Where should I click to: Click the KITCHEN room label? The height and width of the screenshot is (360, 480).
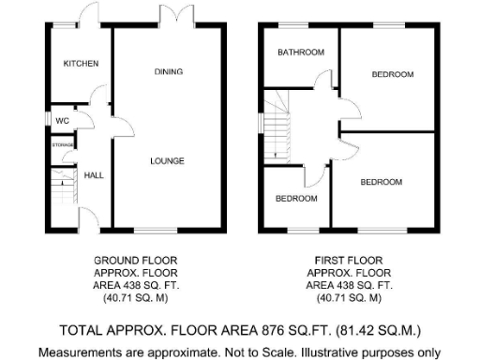pos(81,64)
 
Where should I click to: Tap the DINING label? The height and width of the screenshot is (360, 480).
pos(168,71)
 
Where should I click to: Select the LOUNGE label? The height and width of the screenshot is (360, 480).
pos(168,161)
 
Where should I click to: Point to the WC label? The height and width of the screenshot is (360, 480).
pos(61,120)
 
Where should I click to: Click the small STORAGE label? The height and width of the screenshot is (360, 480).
pos(63,145)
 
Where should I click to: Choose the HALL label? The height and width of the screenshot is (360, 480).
pos(95,175)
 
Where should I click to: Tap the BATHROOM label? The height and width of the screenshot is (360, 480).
pos(300,52)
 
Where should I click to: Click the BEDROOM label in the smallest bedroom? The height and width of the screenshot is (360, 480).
pos(295,199)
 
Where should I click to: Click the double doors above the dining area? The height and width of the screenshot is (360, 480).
pos(169,19)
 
